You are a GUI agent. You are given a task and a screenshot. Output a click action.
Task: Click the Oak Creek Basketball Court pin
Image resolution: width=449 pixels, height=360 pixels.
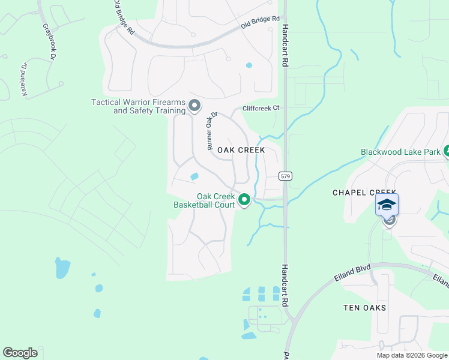pos(244,199)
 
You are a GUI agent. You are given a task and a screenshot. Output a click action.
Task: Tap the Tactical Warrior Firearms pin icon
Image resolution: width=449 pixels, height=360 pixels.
pos(194,106)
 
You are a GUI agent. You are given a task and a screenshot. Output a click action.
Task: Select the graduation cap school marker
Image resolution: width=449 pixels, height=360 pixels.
pos(387,206)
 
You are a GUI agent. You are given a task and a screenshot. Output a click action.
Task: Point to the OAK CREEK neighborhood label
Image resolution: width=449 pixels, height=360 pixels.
pos(241,150)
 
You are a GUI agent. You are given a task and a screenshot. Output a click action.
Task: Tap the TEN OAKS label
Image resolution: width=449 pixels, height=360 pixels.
pos(364,308)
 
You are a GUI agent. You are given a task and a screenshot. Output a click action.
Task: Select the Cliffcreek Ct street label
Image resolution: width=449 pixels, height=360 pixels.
pos(261,109)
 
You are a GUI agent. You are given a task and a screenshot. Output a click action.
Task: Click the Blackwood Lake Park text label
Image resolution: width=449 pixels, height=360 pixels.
pos(400,152)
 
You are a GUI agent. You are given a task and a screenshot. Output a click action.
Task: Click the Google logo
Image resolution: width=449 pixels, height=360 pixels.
pos(20,353)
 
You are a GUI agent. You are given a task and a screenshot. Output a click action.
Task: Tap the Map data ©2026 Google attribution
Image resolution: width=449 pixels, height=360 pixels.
pos(411,355)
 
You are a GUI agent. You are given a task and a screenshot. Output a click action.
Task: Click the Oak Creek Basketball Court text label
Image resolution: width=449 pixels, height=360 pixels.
pos(205,200)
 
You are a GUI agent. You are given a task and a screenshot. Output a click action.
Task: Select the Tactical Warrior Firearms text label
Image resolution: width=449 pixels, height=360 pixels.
pos(137,106)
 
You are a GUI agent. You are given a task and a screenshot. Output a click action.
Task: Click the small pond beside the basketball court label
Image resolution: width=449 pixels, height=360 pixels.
pos(194,176)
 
